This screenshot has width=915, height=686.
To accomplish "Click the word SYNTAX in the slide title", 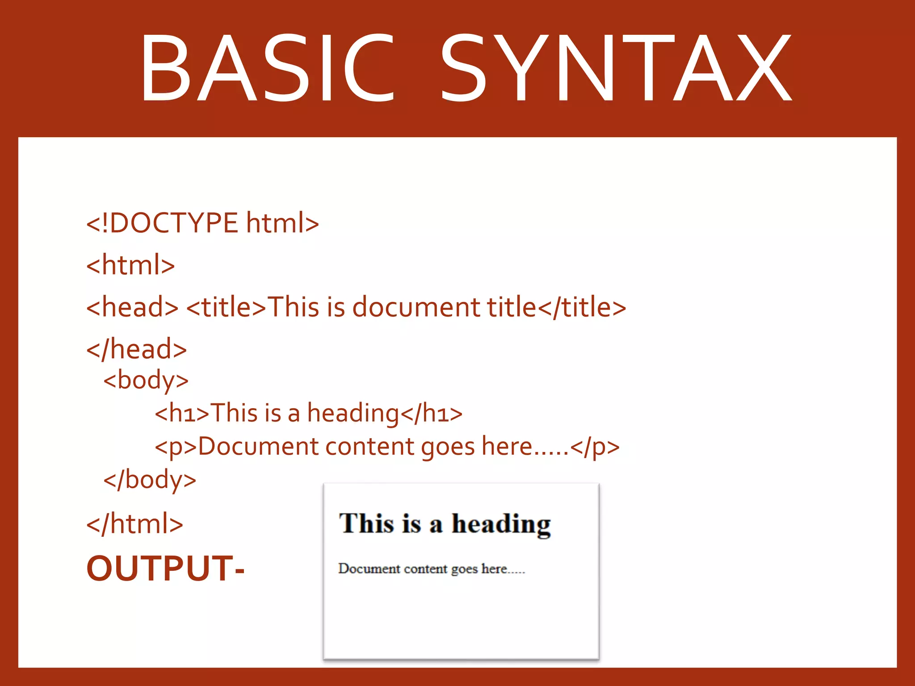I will [616, 68].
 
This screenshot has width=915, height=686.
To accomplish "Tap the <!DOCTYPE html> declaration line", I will [202, 223].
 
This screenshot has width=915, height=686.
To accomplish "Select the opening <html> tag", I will [130, 265].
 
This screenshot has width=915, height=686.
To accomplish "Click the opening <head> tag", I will [132, 307].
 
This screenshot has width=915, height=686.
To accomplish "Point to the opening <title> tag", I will [226, 307].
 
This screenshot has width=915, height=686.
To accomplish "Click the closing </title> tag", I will [582, 307].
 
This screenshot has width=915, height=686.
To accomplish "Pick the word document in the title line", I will [416, 307].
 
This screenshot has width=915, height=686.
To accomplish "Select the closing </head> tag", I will [137, 349].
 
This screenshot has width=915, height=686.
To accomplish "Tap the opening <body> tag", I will [146, 381].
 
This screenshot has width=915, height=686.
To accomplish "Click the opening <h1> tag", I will [182, 413].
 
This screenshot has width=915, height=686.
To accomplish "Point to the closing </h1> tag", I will [431, 413].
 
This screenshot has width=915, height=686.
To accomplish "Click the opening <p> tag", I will [176, 447].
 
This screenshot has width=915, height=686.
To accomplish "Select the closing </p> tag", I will [595, 447].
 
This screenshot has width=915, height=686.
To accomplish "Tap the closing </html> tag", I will [134, 524].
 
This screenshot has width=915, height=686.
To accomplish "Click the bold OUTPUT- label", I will [165, 568].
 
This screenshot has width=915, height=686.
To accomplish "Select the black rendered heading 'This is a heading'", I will [445, 523].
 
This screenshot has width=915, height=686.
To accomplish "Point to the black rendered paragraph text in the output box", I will [431, 569].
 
